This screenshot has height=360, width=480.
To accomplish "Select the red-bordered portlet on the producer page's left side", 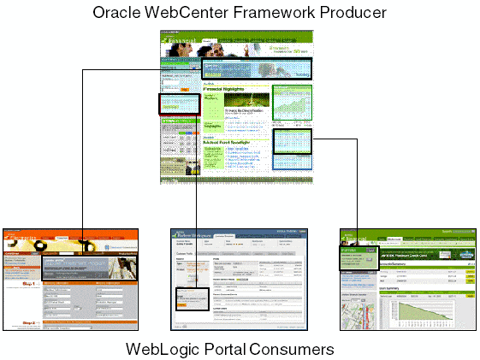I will [x=179, y=104].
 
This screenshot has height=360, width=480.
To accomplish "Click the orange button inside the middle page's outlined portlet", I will [x=181, y=305].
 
